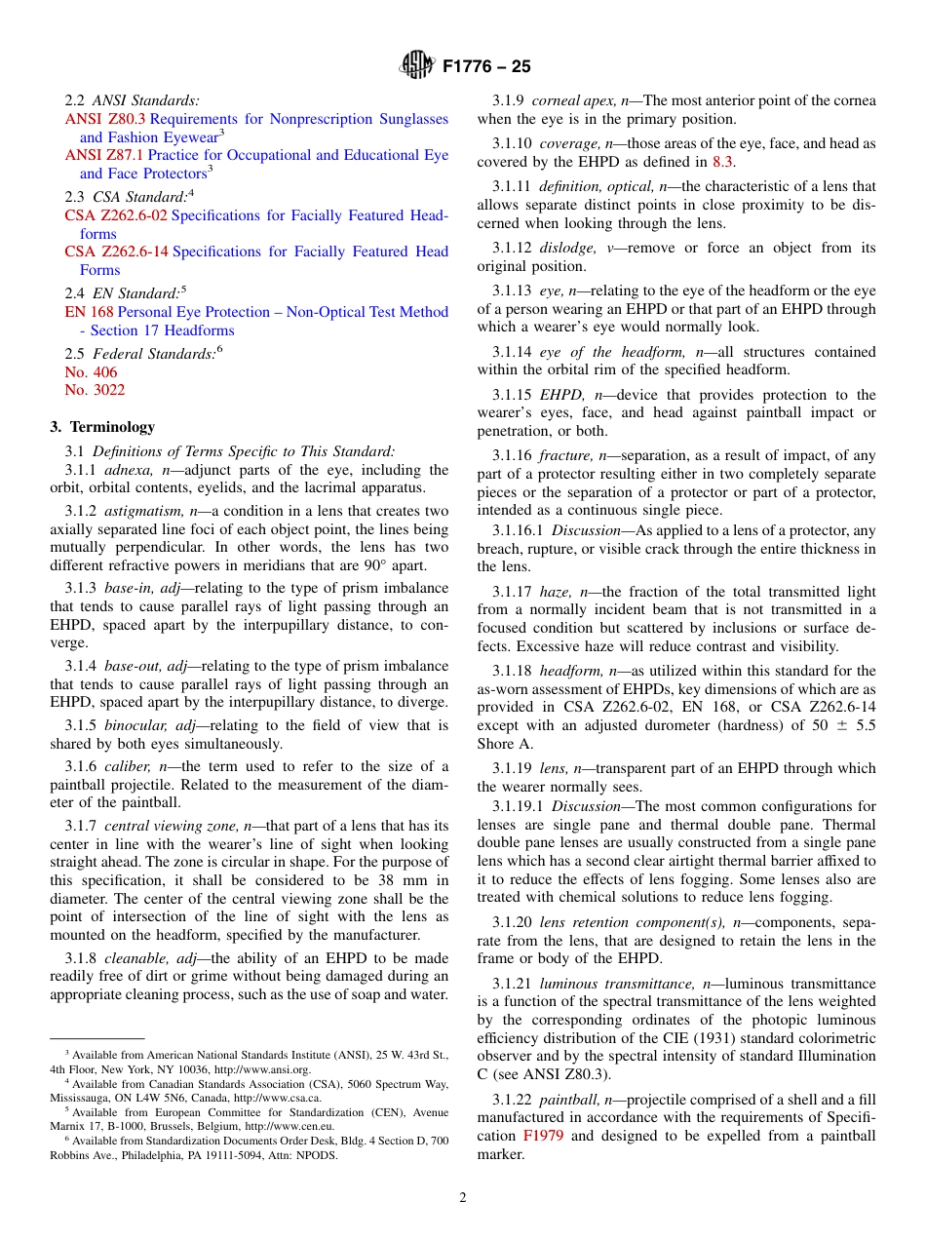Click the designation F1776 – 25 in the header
click(x=486, y=67)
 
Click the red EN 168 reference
click(x=89, y=312)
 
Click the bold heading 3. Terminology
click(x=102, y=427)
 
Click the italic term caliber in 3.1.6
click(x=126, y=767)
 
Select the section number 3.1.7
click(x=81, y=826)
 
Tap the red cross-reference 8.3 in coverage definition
click(x=723, y=162)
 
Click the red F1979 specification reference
click(x=543, y=1136)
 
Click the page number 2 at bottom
click(x=463, y=1198)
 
